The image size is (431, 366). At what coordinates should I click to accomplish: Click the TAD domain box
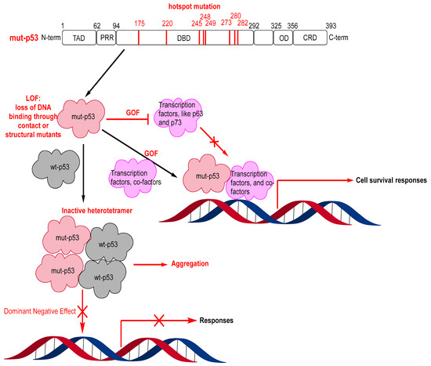point(78,37)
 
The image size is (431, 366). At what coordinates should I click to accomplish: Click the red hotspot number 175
point(139,24)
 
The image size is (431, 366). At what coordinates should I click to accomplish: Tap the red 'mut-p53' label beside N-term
point(19,37)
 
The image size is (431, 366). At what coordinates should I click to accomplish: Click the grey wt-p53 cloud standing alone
point(55,166)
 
